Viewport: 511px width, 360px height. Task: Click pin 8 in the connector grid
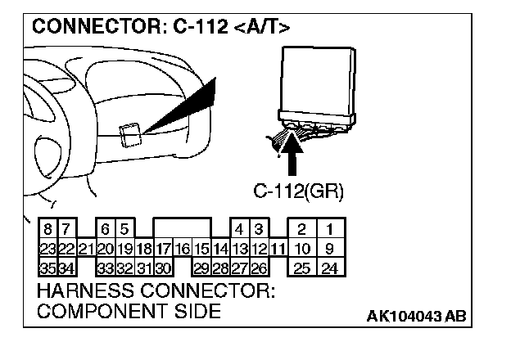[47, 229]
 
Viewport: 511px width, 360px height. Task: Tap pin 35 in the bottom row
[47, 267]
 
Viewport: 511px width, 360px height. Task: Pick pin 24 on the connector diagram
[330, 267]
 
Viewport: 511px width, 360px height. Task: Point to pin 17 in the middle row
[162, 248]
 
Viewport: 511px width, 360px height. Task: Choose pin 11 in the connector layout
[278, 248]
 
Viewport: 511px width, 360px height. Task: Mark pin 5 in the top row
[124, 229]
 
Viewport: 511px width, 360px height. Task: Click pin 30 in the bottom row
[162, 267]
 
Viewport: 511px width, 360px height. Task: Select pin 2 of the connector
[301, 229]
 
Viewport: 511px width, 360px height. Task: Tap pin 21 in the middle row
[85, 248]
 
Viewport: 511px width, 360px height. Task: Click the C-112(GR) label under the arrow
[298, 192]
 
